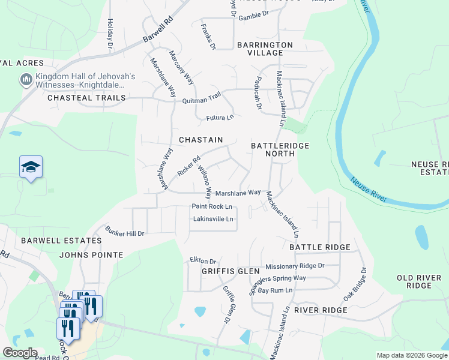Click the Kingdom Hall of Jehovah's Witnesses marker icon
pyautogui.click(x=26, y=80)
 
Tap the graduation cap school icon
pyautogui.click(x=31, y=167)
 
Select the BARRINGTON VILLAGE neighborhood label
pyautogui.click(x=265, y=49)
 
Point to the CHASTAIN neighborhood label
pyautogui.click(x=201, y=140)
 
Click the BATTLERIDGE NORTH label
pyautogui.click(x=273, y=149)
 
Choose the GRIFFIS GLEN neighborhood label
pyautogui.click(x=223, y=271)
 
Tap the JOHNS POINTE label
pyautogui.click(x=91, y=255)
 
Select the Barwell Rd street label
pyautogui.click(x=158, y=29)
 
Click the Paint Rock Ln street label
pyautogui.click(x=212, y=206)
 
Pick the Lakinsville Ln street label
pyautogui.click(x=213, y=219)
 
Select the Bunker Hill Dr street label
pyautogui.click(x=125, y=232)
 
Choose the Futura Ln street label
pyautogui.click(x=220, y=117)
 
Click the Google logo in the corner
pyautogui.click(x=19, y=353)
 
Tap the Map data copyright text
pyautogui.click(x=411, y=355)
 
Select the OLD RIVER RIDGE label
pyautogui.click(x=419, y=281)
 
